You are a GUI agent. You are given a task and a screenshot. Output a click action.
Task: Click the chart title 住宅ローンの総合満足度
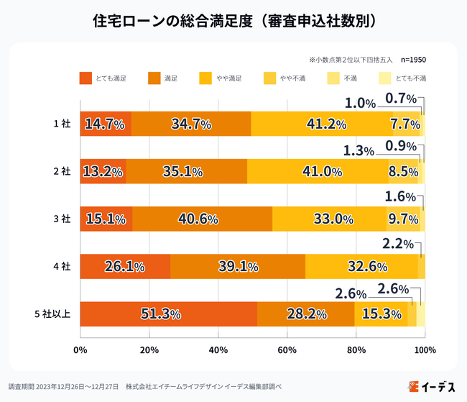click(x=233, y=21)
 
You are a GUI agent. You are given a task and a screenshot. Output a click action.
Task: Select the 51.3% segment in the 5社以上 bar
click(x=168, y=314)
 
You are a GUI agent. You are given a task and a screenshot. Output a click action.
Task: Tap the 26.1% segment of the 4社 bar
click(x=125, y=266)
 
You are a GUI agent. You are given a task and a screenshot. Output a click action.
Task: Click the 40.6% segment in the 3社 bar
click(x=202, y=219)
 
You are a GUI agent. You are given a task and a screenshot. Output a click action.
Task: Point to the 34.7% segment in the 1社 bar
click(x=191, y=124)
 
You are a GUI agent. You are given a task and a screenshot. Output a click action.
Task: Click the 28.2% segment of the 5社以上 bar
click(x=305, y=314)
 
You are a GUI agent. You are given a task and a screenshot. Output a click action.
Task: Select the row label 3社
click(x=62, y=219)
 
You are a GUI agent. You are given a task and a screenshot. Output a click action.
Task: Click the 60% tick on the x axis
click(x=287, y=350)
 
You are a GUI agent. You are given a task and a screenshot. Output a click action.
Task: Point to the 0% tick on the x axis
click(x=80, y=350)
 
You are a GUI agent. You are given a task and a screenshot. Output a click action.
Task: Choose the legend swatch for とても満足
click(x=86, y=78)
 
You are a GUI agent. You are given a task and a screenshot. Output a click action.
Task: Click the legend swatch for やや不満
click(x=269, y=78)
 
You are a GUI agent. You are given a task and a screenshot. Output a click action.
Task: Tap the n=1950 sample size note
click(x=413, y=60)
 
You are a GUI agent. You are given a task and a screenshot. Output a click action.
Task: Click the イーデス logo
click(x=431, y=386)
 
